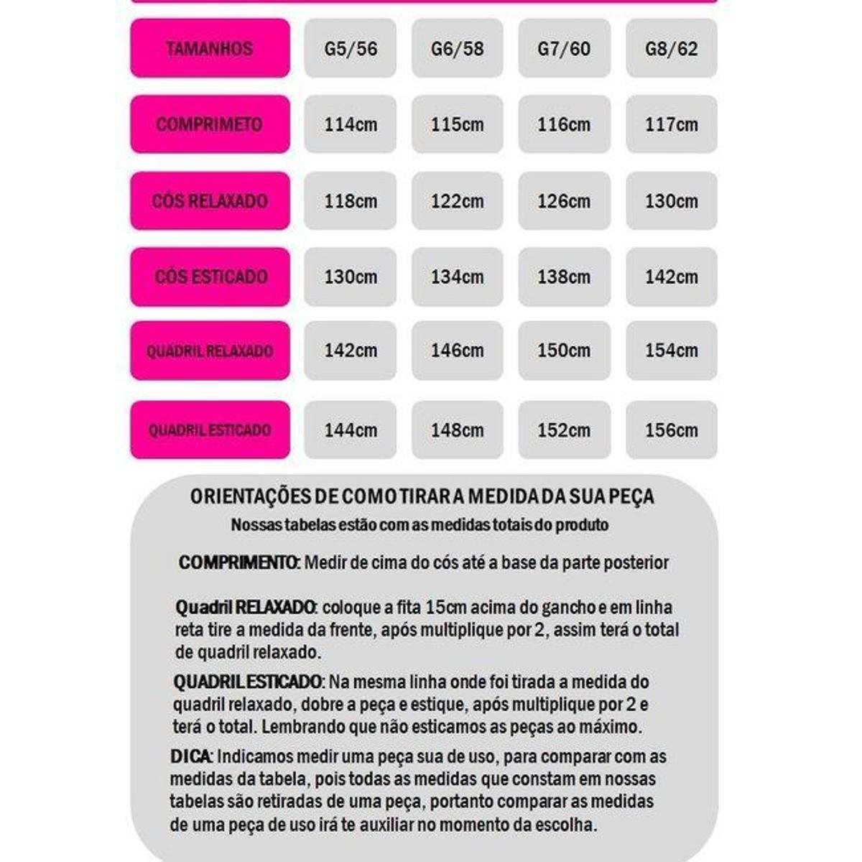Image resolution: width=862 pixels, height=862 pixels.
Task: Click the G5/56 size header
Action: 350,49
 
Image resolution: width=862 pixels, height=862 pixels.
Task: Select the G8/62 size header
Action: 671,49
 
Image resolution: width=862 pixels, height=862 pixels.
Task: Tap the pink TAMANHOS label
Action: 210,49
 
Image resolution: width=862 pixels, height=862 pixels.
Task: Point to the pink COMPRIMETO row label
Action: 210,124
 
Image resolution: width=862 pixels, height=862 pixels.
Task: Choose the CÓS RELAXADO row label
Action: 210,201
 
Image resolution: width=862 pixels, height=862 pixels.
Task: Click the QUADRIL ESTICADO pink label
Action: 210,430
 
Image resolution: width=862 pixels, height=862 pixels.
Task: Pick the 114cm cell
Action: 350,124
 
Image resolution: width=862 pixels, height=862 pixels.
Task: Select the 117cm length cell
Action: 671,124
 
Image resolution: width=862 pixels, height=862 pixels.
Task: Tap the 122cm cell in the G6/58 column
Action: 457,201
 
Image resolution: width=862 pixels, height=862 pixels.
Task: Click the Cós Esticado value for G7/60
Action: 564,277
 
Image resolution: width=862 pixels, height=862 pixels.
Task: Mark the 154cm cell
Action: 671,351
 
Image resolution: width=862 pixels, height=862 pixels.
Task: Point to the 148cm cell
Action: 457,430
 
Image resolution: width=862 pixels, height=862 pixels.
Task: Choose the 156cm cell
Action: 671,430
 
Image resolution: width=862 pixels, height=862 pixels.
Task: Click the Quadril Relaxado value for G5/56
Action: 350,351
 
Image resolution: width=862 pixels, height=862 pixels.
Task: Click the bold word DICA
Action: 190,756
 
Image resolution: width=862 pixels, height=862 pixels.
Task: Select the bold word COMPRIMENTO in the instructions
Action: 238,562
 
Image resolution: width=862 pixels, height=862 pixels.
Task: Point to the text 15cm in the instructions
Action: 446,607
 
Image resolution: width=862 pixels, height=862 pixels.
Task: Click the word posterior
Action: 636,562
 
